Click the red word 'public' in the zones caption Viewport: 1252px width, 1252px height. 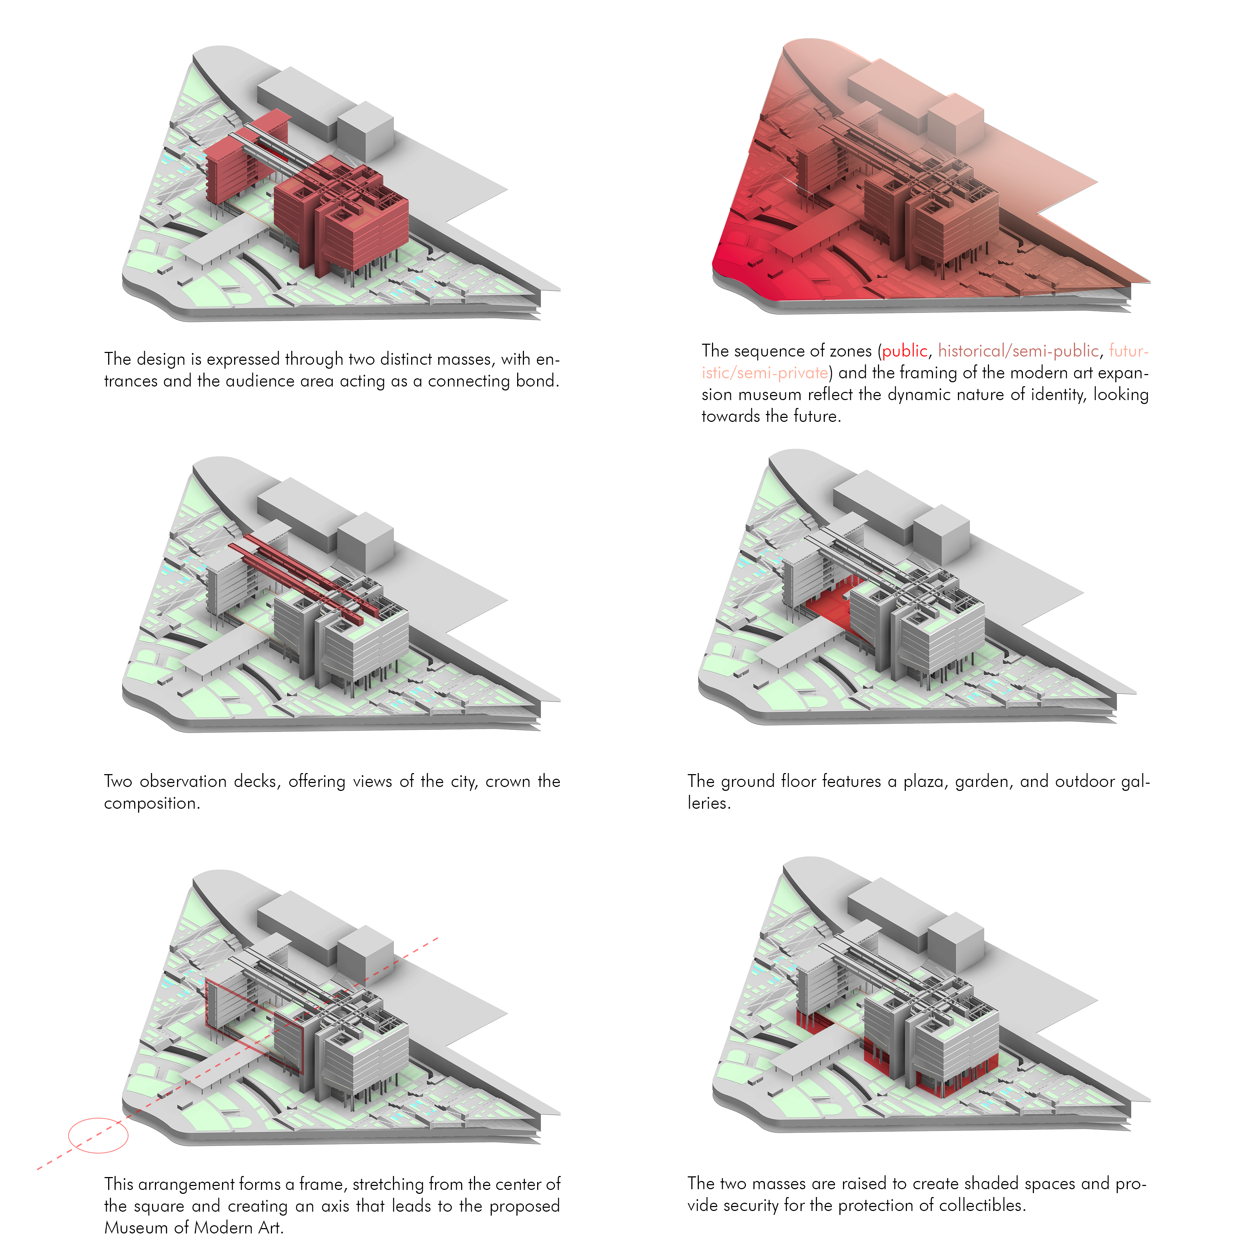coord(905,351)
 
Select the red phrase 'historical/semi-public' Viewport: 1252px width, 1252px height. coord(1019,351)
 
